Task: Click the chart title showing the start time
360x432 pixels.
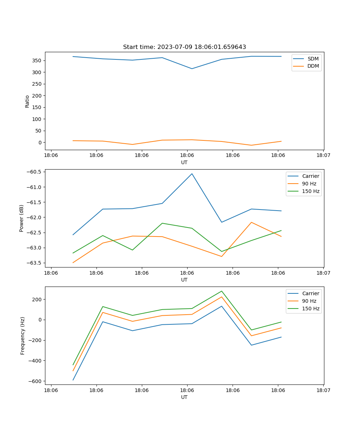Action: tap(184, 47)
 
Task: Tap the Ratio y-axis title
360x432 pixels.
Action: tap(27, 101)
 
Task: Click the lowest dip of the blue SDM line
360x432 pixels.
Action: tap(192, 69)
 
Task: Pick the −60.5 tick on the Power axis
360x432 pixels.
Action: tap(35, 172)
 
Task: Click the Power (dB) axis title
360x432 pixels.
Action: tap(22, 218)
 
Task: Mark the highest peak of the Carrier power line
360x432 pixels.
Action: tap(192, 174)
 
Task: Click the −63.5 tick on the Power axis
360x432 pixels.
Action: tap(35, 263)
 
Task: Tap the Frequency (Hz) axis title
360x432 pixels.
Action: tap(23, 336)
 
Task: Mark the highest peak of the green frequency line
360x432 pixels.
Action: tap(222, 291)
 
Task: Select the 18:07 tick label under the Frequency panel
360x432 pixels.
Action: tap(323, 390)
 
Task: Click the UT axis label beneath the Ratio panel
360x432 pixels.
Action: tap(184, 162)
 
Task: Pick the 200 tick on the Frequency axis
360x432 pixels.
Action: tap(38, 300)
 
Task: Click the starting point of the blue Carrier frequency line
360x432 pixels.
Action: tap(73, 380)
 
